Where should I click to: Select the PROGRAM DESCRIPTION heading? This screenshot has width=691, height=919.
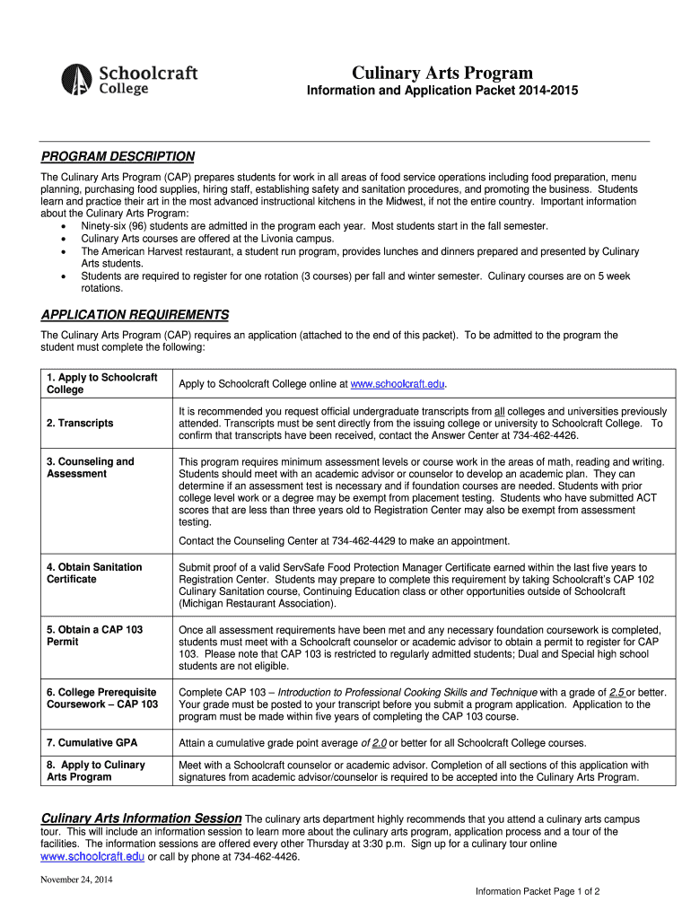[118, 156]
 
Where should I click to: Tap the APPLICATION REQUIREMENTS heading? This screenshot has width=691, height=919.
[135, 315]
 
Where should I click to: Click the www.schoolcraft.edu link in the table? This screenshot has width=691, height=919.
[397, 384]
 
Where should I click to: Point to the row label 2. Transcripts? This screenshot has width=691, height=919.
[80, 423]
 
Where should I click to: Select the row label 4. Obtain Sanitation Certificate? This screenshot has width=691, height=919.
[93, 573]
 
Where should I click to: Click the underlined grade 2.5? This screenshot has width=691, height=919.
[617, 693]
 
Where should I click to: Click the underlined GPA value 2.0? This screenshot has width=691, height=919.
[379, 743]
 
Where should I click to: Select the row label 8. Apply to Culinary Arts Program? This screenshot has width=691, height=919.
[95, 771]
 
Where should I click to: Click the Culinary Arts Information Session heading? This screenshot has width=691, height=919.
[142, 818]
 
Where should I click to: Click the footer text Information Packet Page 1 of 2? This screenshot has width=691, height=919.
[537, 891]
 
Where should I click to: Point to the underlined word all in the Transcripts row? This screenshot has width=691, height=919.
[500, 411]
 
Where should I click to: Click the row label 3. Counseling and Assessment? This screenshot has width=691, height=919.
[90, 468]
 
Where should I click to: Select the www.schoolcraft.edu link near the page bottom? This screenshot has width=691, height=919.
[92, 857]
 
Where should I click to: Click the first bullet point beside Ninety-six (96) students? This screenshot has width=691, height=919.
[62, 227]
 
